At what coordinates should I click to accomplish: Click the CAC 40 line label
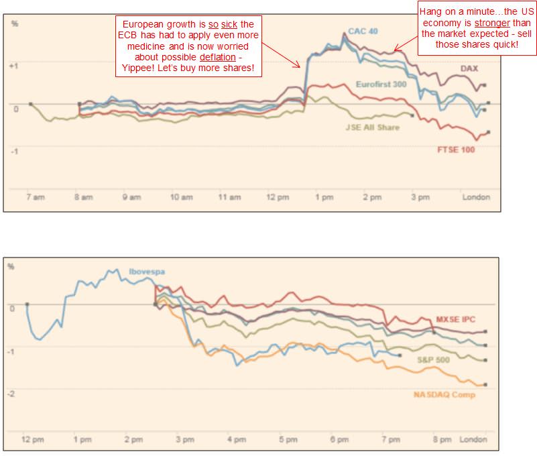coord(363,31)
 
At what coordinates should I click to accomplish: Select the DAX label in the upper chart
coord(469,68)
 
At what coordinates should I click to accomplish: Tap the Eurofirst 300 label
coord(381,84)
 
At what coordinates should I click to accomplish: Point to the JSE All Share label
coord(372,127)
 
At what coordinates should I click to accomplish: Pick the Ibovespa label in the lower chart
coord(147,272)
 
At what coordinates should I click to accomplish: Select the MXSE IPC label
coord(455,319)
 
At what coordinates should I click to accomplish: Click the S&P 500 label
coord(434,359)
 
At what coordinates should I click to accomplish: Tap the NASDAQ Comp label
coord(444,394)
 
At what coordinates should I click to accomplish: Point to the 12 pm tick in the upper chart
coord(278,197)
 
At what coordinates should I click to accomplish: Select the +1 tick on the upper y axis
coord(13,65)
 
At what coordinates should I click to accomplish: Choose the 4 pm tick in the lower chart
coord(235,440)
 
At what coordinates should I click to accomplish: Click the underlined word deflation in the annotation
coord(219,58)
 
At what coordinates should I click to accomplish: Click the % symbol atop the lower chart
coord(11,266)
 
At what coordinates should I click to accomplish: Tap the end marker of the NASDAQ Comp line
coord(485,385)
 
